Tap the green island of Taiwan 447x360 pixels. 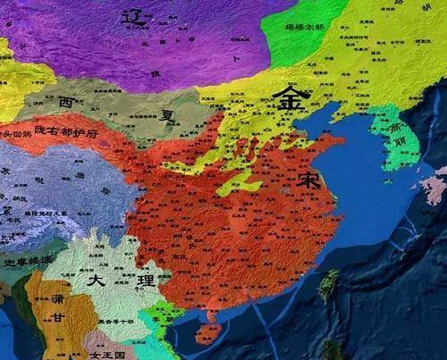click(x=328, y=284)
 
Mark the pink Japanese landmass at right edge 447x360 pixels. click(x=435, y=188)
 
